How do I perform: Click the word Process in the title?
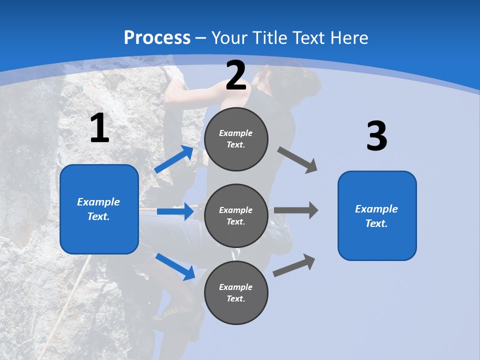(x=157, y=38)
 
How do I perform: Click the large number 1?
(x=99, y=128)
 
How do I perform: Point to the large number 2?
(x=236, y=76)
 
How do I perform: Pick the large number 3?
(x=376, y=136)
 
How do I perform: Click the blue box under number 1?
(x=99, y=209)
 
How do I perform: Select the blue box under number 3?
(x=377, y=216)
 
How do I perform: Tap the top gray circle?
(x=236, y=139)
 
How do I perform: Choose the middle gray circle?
(x=236, y=216)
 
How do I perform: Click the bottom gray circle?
(x=236, y=293)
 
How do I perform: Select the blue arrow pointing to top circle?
(x=174, y=159)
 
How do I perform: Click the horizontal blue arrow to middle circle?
(x=175, y=211)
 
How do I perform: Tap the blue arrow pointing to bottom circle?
(x=175, y=266)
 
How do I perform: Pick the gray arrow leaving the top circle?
(x=297, y=160)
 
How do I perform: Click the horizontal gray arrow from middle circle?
(x=296, y=210)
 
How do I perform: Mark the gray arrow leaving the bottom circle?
(x=294, y=265)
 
